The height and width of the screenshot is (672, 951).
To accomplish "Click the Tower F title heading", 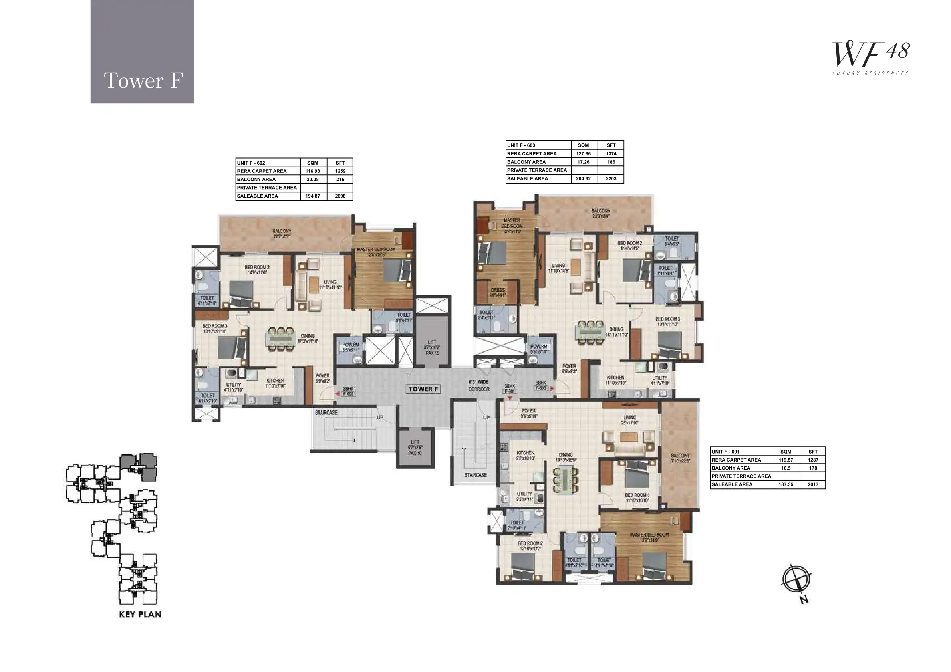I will pos(143,80).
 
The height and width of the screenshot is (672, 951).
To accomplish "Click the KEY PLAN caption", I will pos(140,615).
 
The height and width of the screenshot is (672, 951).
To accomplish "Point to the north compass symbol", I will pos(796,580).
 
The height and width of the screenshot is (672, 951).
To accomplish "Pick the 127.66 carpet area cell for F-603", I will pos(583,154).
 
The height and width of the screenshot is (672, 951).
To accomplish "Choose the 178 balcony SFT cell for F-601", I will pos(813,468).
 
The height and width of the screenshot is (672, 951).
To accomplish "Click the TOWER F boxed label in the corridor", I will pos(423,389).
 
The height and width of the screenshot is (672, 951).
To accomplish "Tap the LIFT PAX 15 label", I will pos(432,348).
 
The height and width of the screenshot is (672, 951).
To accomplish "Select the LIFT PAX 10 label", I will pos(415,448).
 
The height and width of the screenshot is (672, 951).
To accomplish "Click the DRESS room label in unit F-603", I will pos(497,292).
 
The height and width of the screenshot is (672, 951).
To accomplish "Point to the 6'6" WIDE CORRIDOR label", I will pos(479,385).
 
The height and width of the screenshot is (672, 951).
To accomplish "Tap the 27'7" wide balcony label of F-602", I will pos(282,234).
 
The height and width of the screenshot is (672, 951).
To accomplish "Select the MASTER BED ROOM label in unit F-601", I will pos(649,537).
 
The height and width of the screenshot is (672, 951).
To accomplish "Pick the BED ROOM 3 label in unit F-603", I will pos(667,322).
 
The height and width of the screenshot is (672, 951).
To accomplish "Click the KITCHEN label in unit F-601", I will pos(525,456).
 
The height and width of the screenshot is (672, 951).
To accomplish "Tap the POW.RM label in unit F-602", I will pos(350,347).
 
